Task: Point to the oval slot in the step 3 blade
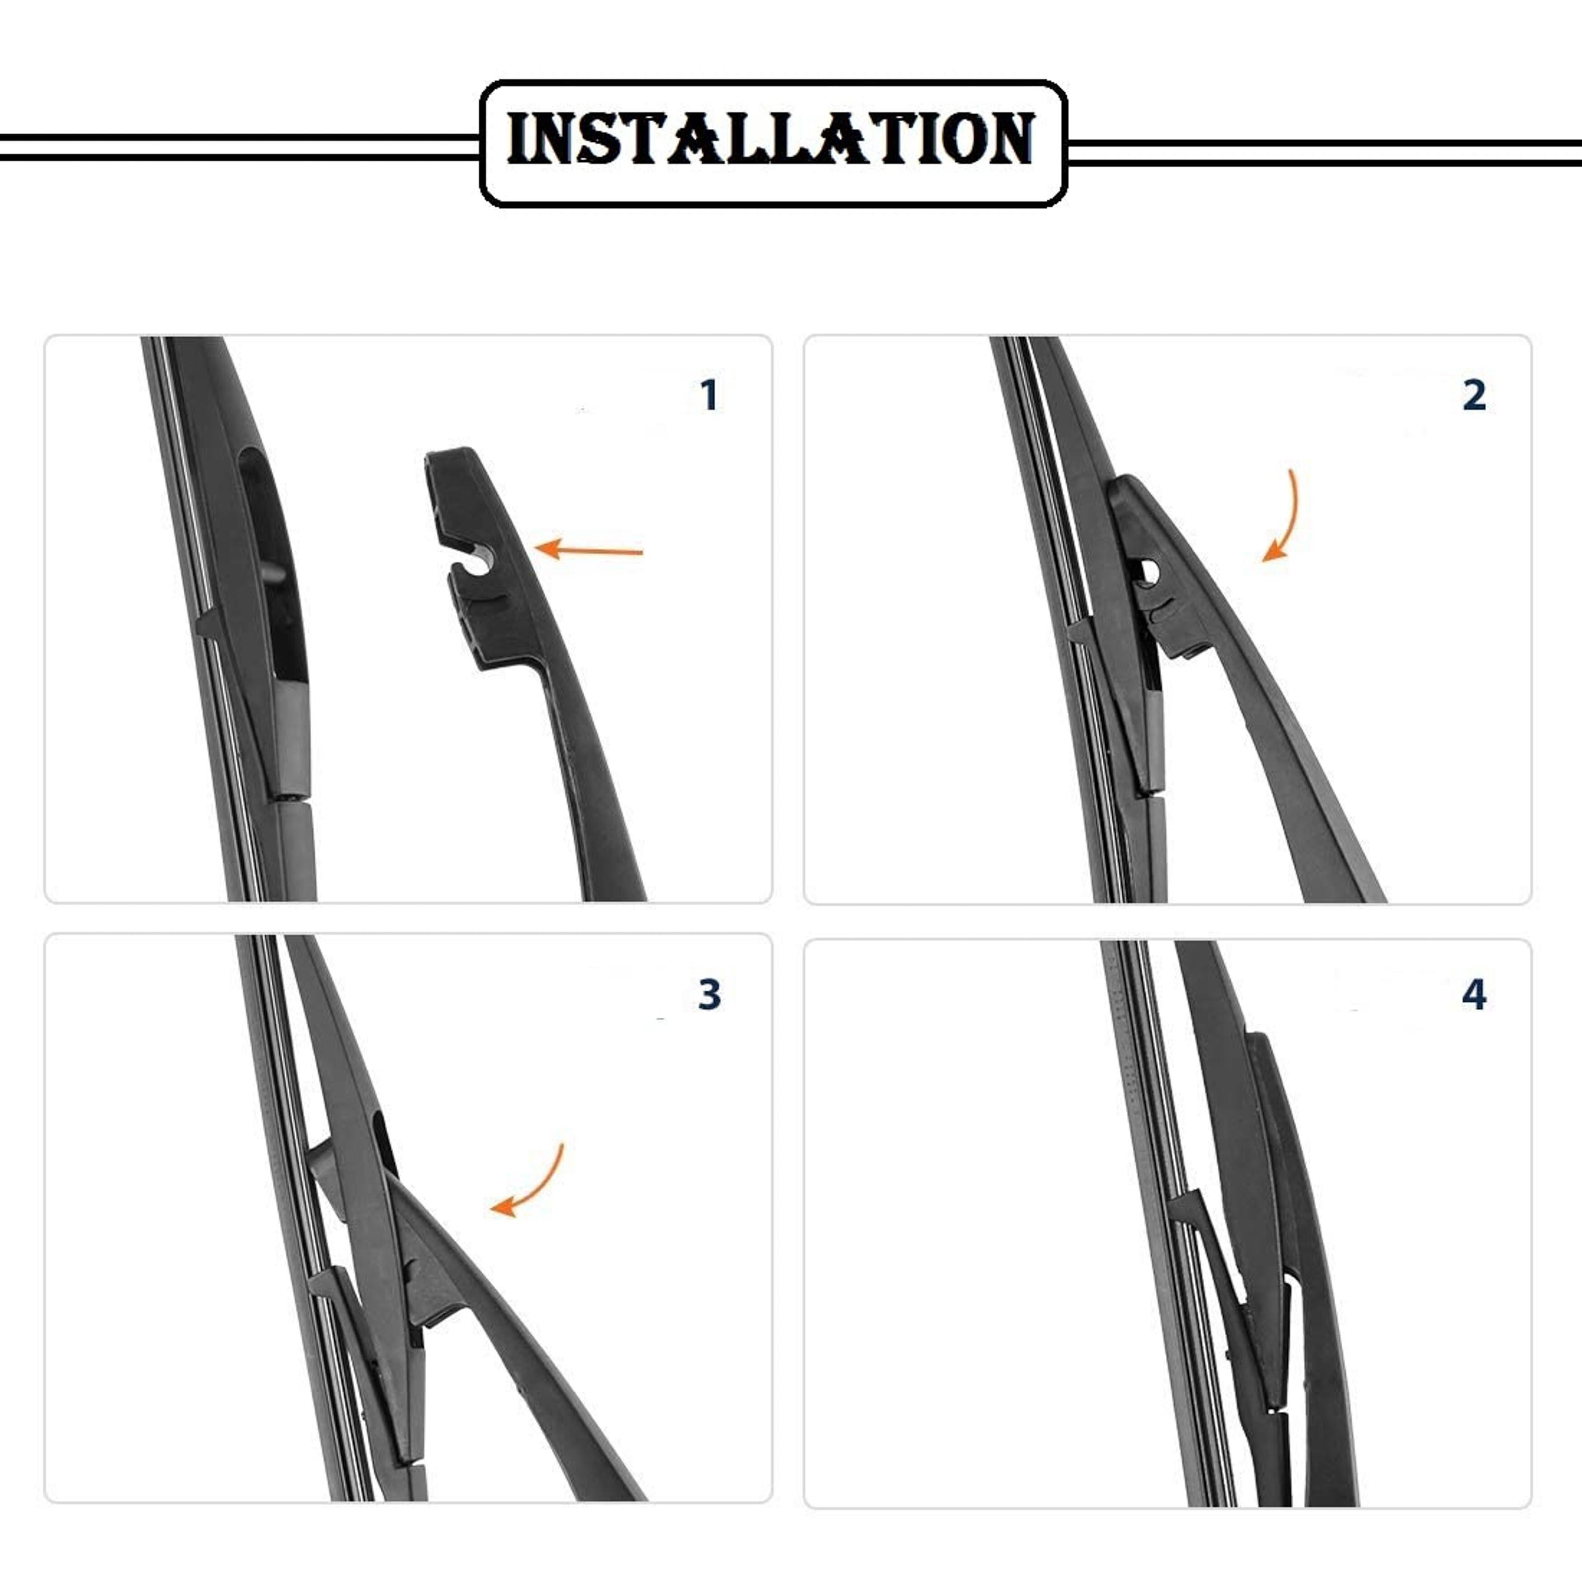point(386,1146)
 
